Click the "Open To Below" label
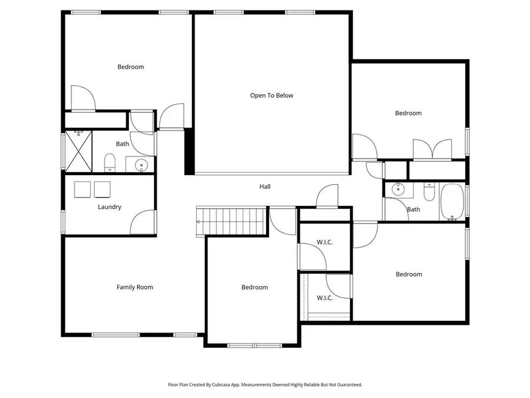point(271,96)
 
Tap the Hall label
point(265,187)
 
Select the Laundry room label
point(110,207)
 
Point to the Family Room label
point(135,287)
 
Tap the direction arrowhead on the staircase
point(198,222)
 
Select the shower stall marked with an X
point(78,151)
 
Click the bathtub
point(452,202)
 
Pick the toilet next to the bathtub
point(429,192)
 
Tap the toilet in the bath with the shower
point(110,162)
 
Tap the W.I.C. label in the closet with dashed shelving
point(324,298)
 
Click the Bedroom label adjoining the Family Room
point(254,287)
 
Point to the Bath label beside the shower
point(122,144)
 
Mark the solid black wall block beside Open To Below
point(189,152)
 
